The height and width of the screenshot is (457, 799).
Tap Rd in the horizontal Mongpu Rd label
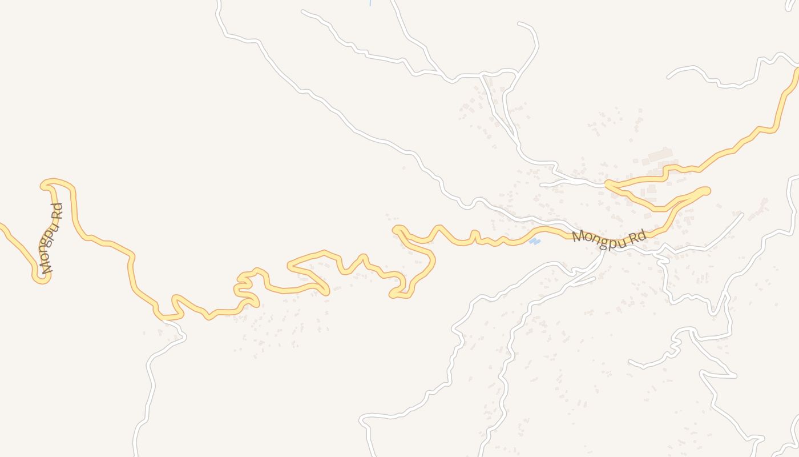click(x=635, y=236)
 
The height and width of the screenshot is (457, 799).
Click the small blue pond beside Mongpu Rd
click(x=534, y=242)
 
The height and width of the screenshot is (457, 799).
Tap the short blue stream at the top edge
click(x=370, y=3)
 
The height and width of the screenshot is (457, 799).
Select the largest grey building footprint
click(x=660, y=155)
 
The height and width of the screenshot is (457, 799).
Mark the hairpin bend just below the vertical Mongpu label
click(x=41, y=278)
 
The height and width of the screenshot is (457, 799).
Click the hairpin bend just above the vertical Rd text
click(x=48, y=183)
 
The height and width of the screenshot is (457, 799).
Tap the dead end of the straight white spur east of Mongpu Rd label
click(x=742, y=214)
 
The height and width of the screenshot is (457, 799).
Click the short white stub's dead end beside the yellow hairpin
click(x=541, y=185)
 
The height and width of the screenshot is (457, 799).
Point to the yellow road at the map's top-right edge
click(x=796, y=71)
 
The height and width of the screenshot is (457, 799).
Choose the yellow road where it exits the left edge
click(x=2, y=226)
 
